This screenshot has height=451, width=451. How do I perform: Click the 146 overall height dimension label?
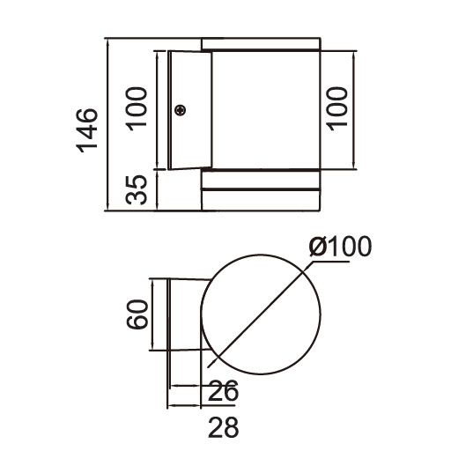tap(85, 130)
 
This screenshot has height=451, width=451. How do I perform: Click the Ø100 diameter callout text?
tap(340, 248)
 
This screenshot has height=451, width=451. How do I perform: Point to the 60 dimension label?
tap(136, 314)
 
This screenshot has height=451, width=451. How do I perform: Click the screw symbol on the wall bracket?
tap(181, 110)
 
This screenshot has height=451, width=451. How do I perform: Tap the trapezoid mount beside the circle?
tap(187, 314)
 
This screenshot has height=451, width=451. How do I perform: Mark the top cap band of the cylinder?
tap(261, 44)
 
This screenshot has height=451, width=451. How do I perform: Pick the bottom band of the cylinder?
tap(261, 199)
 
